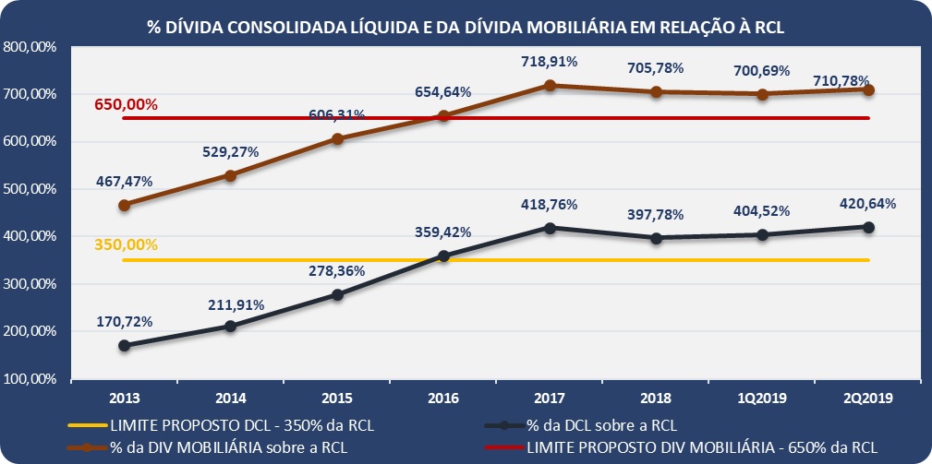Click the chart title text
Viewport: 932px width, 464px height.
click(466, 27)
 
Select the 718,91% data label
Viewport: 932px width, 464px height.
click(550, 62)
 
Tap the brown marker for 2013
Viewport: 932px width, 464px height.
click(124, 205)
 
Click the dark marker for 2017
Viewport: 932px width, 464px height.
click(550, 228)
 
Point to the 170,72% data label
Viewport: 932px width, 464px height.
click(124, 322)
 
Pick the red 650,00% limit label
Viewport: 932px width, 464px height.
click(126, 104)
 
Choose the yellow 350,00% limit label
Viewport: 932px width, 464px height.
click(126, 245)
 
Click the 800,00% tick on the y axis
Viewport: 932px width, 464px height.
click(30, 47)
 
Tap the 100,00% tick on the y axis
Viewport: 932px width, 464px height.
click(30, 379)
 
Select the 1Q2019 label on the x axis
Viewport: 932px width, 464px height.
click(762, 399)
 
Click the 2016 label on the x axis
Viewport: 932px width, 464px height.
click(443, 399)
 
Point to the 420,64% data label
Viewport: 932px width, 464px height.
click(868, 204)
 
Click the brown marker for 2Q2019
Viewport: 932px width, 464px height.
click(868, 89)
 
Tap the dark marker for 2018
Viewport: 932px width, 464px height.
click(656, 238)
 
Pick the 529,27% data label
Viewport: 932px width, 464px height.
click(230, 152)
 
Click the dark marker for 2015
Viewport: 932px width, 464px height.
click(337, 295)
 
